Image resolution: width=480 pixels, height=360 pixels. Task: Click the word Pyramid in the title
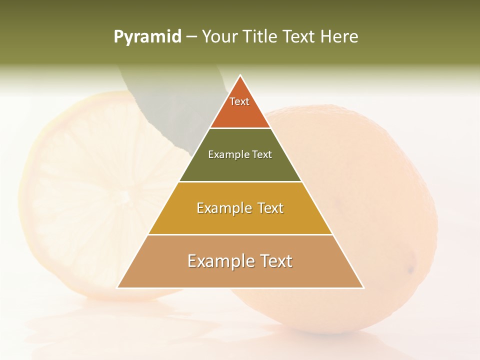(147, 37)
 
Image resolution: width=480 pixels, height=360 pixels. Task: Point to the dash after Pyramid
(191, 37)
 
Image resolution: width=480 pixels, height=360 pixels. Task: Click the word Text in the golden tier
(267, 208)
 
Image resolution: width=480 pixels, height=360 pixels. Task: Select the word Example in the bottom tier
(216, 261)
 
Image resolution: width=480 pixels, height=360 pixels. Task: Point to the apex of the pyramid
(240, 76)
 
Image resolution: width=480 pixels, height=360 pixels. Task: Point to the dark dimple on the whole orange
(411, 270)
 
